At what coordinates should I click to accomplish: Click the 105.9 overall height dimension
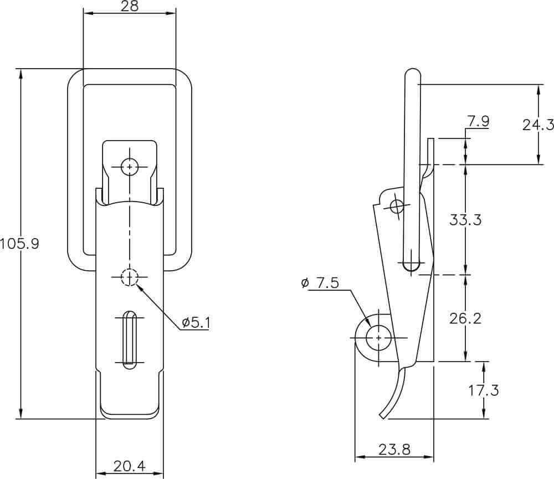[x=19, y=244]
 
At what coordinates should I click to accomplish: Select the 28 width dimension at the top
[x=130, y=6]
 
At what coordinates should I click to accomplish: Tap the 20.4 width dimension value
[x=129, y=466]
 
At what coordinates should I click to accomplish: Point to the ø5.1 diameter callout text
[x=196, y=322]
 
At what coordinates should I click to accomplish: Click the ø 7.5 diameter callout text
[x=320, y=283]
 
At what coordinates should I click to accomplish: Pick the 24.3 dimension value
[x=538, y=125]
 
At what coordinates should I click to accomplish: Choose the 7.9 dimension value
[x=479, y=121]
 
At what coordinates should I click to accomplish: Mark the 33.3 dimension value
[x=465, y=220]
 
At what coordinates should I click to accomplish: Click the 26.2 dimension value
[x=465, y=318]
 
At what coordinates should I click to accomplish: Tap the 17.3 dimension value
[x=484, y=390]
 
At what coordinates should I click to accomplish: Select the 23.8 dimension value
[x=394, y=450]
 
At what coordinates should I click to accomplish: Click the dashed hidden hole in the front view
[x=130, y=277]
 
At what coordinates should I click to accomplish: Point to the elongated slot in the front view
[x=130, y=340]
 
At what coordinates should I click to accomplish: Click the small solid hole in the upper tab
[x=130, y=167]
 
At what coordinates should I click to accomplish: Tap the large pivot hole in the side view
[x=379, y=338]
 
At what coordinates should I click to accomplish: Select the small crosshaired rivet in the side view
[x=397, y=206]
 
